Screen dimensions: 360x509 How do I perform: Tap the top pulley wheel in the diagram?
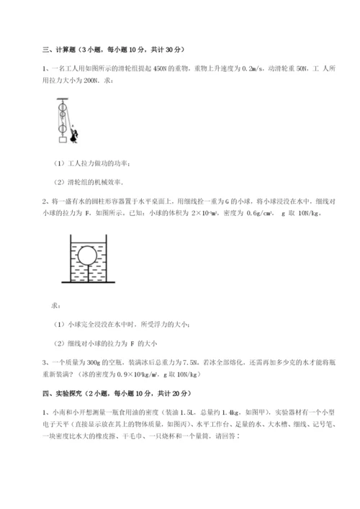[x=63, y=104]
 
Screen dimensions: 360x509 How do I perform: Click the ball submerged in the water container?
[x=88, y=256]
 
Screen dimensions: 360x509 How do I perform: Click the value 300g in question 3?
[x=86, y=364]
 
